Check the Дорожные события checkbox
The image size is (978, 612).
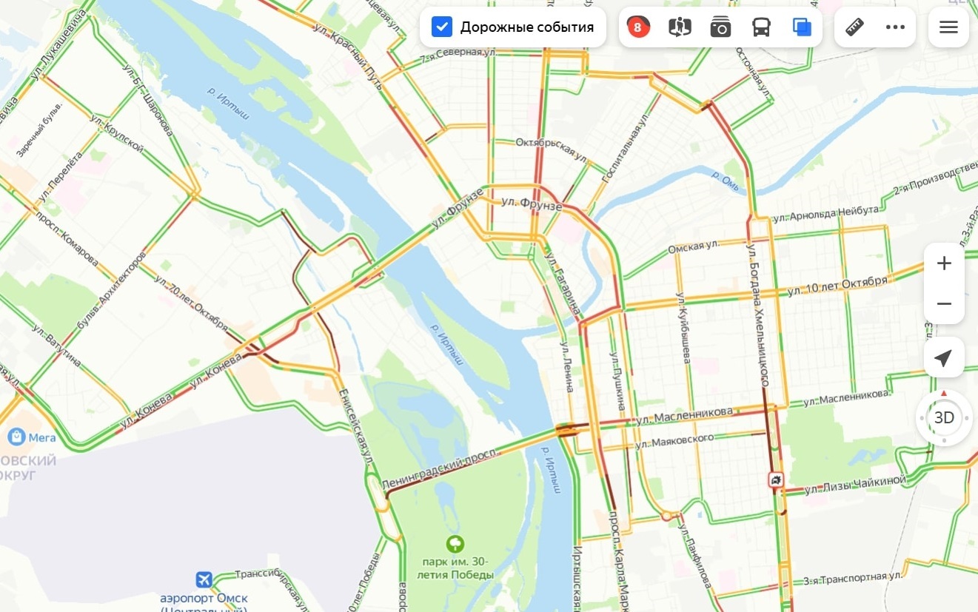coord(442,27)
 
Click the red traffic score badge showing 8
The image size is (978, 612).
coord(637,27)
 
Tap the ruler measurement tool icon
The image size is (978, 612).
coord(854,27)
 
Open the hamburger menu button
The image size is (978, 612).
coord(948,27)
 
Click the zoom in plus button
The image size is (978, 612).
coord(944,263)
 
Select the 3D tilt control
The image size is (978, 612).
coord(944,418)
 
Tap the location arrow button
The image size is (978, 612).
coord(943,358)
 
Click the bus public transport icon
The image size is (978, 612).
coord(761,27)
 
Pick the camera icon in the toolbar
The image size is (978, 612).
coord(720,27)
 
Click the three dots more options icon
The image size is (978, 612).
coord(895,27)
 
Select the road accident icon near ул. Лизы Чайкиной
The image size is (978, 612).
coord(775,480)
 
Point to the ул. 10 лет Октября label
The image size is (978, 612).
coord(837,286)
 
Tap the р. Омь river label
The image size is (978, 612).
coord(725,181)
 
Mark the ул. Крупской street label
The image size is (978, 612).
coord(116,133)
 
